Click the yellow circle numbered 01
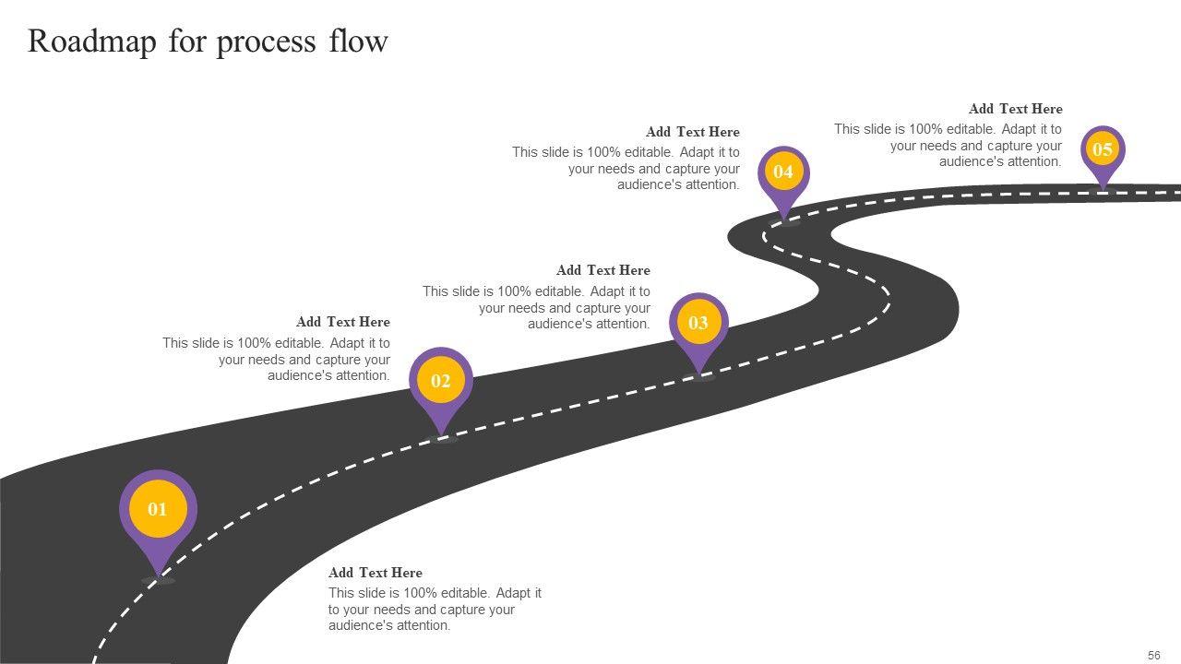(158, 509)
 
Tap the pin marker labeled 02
(441, 381)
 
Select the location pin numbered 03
(698, 323)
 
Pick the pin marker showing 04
(783, 172)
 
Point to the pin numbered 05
(1103, 149)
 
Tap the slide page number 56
(1154, 656)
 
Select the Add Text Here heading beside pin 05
(1015, 109)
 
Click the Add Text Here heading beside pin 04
(692, 132)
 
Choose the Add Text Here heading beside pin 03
(602, 270)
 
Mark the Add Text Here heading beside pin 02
(342, 322)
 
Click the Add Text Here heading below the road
(375, 573)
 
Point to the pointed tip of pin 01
(159, 575)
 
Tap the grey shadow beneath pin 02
(442, 439)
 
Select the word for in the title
(186, 41)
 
